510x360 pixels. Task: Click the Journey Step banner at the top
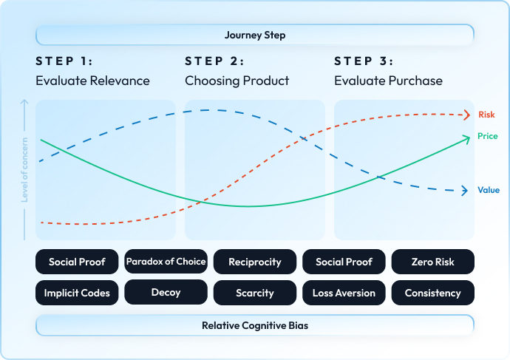[x=255, y=35]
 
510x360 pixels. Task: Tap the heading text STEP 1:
[x=64, y=61]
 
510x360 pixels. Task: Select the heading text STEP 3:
[x=364, y=61]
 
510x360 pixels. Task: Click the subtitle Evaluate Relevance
[x=92, y=81]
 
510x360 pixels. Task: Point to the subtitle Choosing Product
[x=237, y=81]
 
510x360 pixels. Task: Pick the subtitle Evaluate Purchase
[x=388, y=81]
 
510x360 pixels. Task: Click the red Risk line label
[x=486, y=115]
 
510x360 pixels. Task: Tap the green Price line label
[x=487, y=137]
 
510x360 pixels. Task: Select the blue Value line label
[x=489, y=190]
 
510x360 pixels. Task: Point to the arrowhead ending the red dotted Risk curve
[x=466, y=114]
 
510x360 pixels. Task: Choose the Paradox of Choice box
[x=166, y=262]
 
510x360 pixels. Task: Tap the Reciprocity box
[x=255, y=262]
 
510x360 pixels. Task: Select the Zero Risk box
[x=432, y=262]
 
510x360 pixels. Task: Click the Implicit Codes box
[x=77, y=293]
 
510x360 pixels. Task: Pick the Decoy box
[x=166, y=293]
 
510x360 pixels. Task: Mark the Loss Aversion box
[x=344, y=293]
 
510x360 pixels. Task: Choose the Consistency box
[x=432, y=293]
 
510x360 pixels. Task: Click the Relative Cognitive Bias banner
[x=255, y=325]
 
